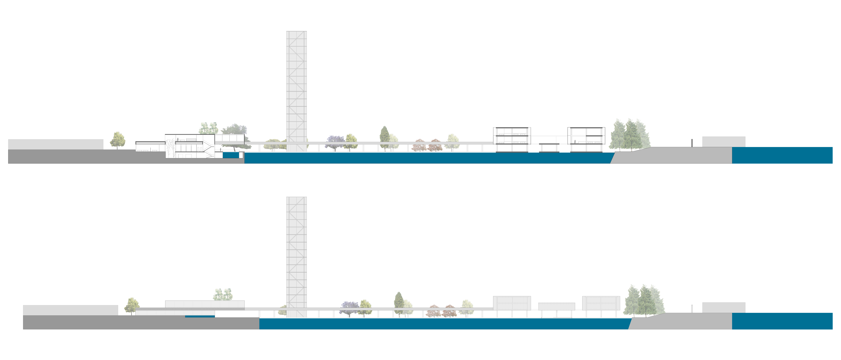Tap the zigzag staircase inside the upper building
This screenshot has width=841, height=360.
208,148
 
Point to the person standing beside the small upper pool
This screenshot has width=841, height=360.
221,149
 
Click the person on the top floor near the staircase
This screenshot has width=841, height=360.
178,139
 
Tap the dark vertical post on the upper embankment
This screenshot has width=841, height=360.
692,143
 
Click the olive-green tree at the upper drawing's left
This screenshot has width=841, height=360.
118,140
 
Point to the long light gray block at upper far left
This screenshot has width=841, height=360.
55,144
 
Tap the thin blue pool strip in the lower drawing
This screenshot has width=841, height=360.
200,316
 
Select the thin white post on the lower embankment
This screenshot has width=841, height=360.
692,308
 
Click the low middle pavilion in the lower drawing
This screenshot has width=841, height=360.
556,306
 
